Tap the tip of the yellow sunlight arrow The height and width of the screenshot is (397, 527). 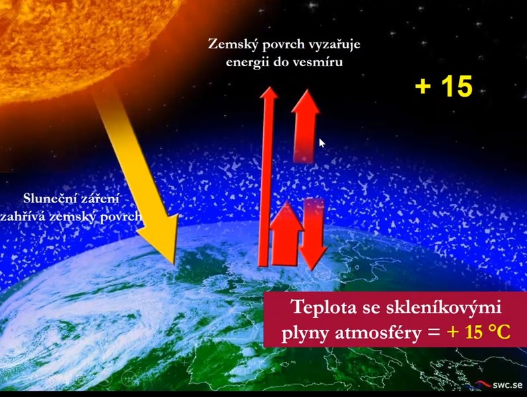click(174, 264)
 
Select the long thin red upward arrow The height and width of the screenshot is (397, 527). click(267, 177)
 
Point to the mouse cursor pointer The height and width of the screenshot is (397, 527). click(321, 143)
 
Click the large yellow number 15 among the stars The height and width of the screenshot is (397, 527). click(457, 86)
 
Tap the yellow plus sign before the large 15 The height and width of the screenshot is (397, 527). click(423, 86)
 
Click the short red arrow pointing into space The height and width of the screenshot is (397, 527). click(305, 126)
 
